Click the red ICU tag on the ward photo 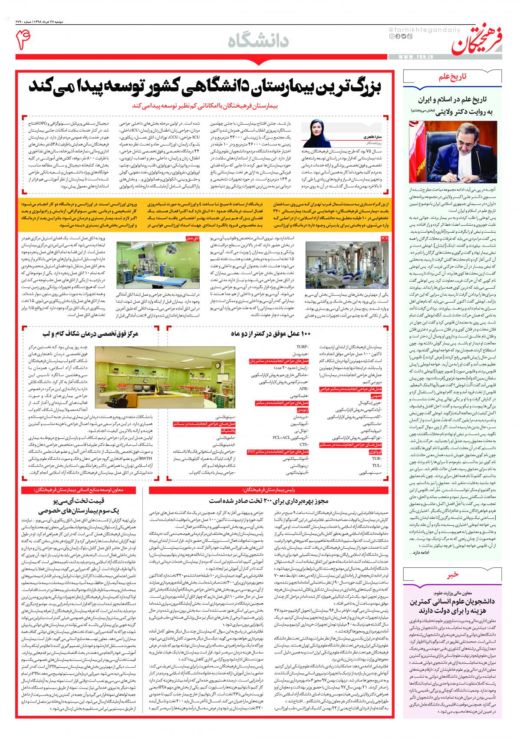pos(384,238)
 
